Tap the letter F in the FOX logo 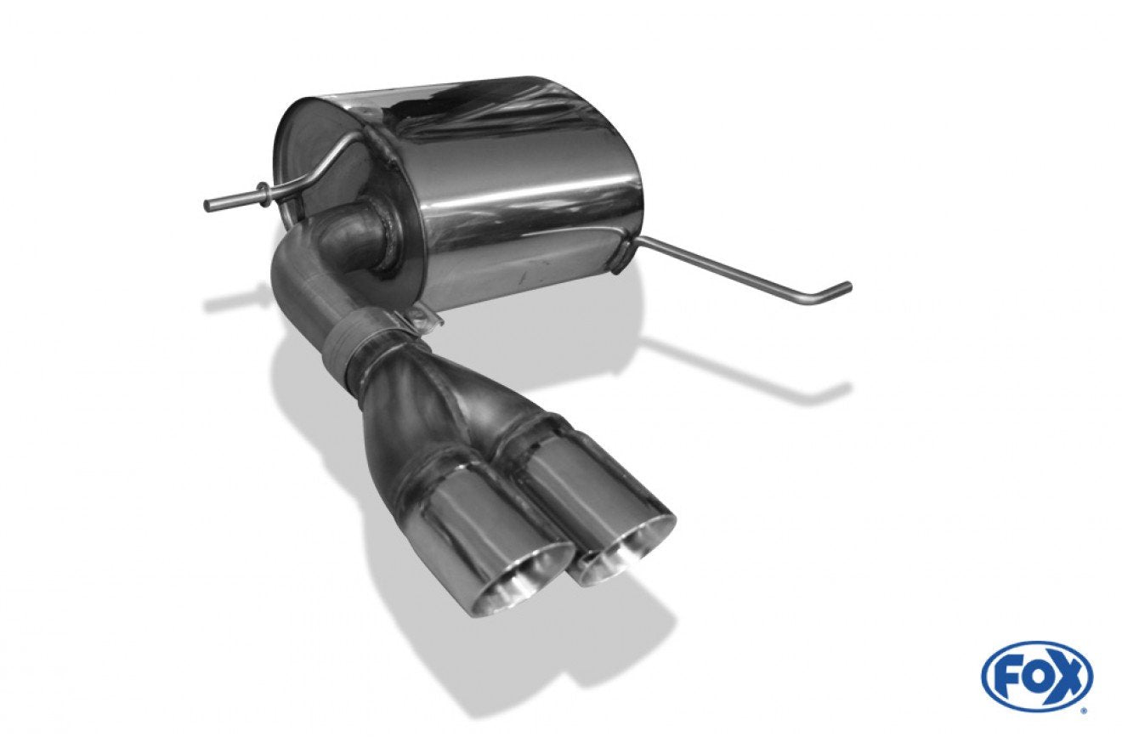pyautogui.click(x=1006, y=683)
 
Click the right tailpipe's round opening pyautogui.click(x=625, y=553)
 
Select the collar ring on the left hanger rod pyautogui.click(x=262, y=193)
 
